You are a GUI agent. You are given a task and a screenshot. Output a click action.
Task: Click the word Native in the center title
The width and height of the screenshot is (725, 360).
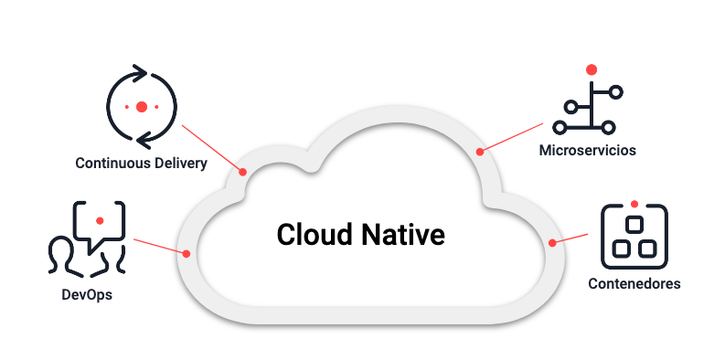404,234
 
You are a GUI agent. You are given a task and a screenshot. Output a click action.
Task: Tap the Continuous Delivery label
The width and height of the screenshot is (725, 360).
141,164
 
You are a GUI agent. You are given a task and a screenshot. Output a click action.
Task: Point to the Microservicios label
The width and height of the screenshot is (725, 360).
587,149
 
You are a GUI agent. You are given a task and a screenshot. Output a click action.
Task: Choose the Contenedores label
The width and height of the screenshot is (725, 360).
635,283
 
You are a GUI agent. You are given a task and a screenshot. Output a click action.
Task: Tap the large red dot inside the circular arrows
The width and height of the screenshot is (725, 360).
141,107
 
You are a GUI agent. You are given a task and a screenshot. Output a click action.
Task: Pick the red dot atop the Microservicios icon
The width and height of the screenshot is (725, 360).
592,69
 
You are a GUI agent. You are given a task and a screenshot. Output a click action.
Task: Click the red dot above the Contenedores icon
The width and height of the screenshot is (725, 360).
634,202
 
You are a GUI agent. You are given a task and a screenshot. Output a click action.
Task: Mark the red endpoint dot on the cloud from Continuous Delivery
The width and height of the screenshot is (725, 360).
243,171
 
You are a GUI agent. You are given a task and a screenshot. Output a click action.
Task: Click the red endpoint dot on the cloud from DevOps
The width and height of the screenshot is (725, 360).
187,253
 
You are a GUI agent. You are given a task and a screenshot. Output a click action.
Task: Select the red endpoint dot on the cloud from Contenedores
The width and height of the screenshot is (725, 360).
552,243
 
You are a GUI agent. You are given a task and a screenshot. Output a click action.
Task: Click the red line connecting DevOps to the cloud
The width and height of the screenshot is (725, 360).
160,246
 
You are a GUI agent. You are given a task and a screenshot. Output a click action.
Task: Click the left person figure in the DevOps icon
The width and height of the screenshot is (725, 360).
62,255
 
